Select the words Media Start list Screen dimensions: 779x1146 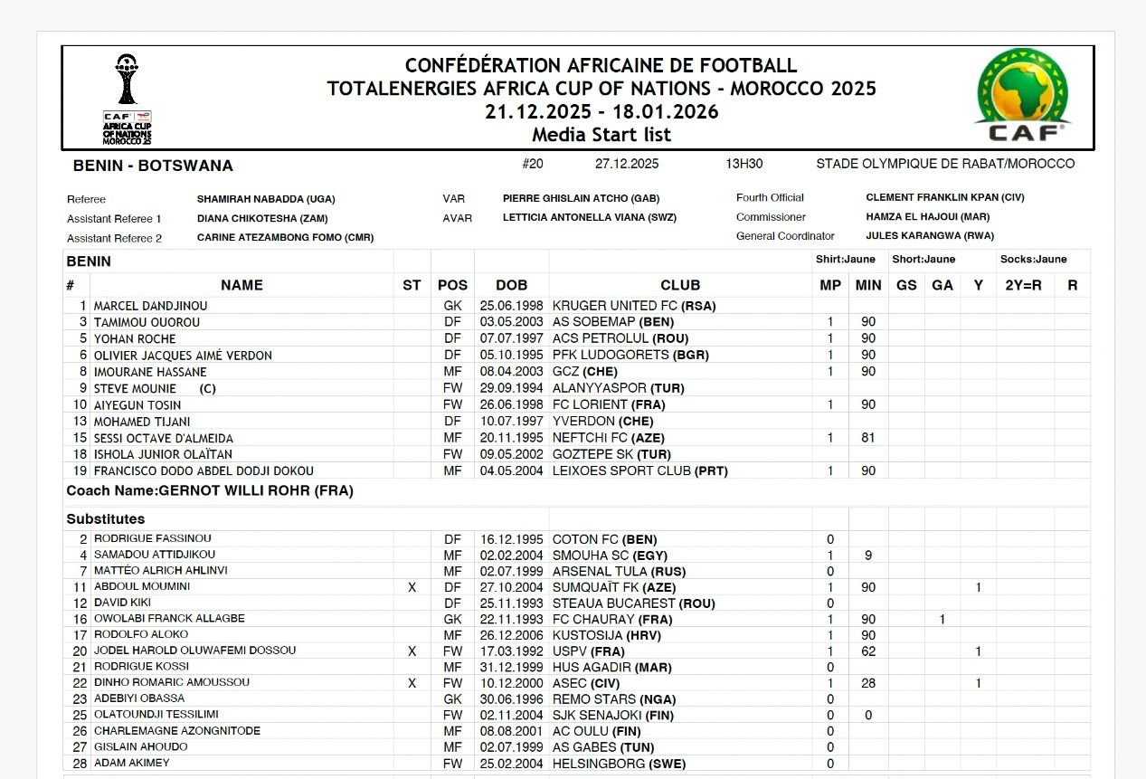click(x=601, y=135)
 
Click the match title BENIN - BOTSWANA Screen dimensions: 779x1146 click(x=153, y=166)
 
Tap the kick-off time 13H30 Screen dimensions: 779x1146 click(x=743, y=164)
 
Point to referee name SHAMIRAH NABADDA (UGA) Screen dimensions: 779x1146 click(x=266, y=198)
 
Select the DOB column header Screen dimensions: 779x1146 click(x=511, y=285)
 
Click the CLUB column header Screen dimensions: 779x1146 click(x=680, y=285)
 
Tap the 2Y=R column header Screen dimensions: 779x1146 click(x=1024, y=285)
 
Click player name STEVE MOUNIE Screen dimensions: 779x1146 click(x=136, y=388)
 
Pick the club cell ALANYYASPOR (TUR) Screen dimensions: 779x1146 click(x=618, y=388)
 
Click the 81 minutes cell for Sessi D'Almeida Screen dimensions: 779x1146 click(x=868, y=438)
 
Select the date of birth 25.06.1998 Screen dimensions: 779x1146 click(x=511, y=306)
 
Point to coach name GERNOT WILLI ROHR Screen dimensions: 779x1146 click(x=256, y=491)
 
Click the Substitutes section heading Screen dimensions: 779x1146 click(x=106, y=519)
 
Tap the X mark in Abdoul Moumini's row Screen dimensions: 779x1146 click(x=412, y=587)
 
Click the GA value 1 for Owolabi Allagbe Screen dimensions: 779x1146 click(x=942, y=619)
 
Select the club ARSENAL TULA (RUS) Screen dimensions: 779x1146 click(x=619, y=571)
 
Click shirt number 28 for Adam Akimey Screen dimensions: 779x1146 click(x=80, y=763)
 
